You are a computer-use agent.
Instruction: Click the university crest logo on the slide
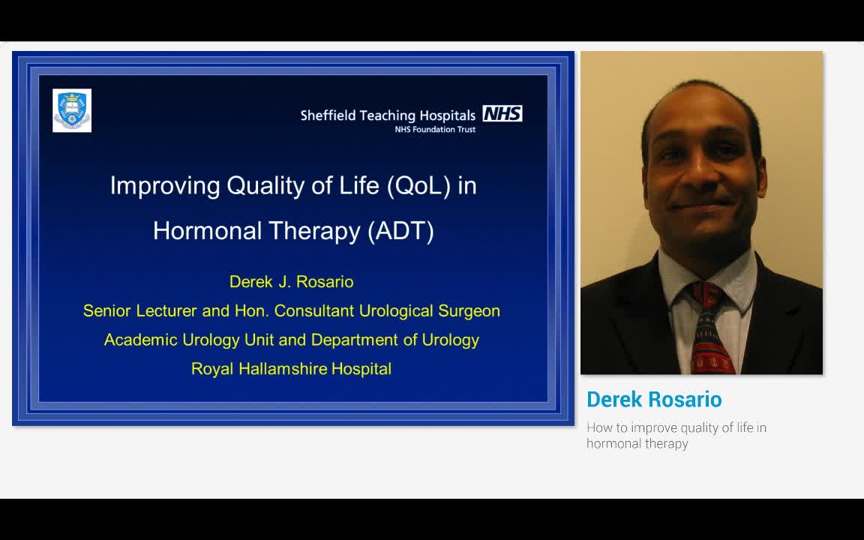tap(72, 110)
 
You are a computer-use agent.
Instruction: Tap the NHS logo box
tap(502, 114)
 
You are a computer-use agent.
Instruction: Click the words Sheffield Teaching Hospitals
tap(388, 115)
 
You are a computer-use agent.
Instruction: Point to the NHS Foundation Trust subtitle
tap(435, 130)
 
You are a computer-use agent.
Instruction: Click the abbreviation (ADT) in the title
tap(400, 230)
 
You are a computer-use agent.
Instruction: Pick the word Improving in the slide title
tap(165, 186)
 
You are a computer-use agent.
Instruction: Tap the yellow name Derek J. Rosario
tap(291, 282)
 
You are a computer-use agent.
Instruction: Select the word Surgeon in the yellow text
tap(469, 311)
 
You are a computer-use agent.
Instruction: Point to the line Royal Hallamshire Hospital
tap(291, 369)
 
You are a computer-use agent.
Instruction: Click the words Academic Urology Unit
tap(191, 340)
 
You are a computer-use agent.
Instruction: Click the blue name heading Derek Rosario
tap(654, 400)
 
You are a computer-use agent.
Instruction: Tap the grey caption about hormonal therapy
tap(676, 436)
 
